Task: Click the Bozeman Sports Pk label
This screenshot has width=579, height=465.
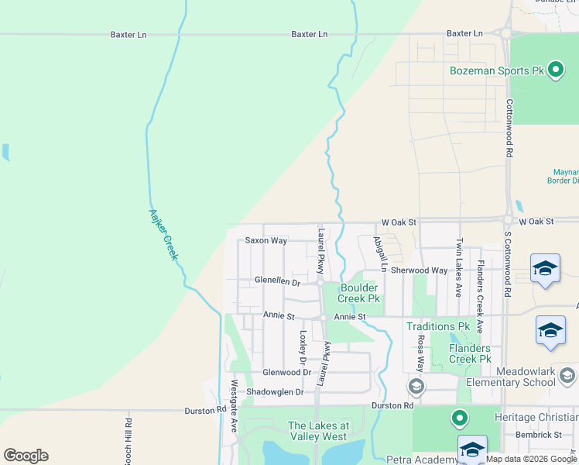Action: click(496, 71)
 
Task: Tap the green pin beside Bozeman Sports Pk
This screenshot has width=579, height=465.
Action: click(555, 71)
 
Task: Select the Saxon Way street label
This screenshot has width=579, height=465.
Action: click(266, 241)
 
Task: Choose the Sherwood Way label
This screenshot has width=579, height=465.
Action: click(419, 270)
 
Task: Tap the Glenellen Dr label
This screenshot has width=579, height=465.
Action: click(277, 281)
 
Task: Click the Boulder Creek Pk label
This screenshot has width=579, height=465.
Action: click(359, 292)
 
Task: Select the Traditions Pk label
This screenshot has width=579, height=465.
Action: click(438, 327)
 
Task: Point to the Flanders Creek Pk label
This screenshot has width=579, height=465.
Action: click(471, 353)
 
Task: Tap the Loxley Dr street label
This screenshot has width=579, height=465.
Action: click(303, 348)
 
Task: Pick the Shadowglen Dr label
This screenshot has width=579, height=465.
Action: click(275, 392)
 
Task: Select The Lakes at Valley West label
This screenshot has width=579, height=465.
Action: click(318, 431)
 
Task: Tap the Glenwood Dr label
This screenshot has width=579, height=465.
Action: click(286, 373)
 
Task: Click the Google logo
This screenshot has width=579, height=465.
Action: click(26, 455)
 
